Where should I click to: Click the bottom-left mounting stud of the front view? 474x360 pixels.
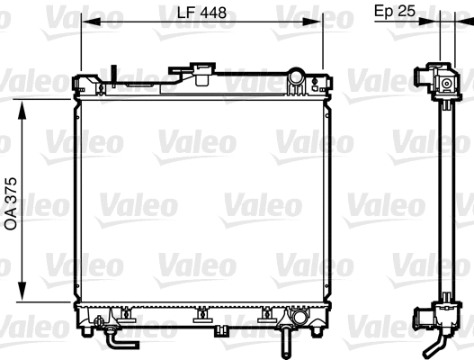click(x=85, y=329)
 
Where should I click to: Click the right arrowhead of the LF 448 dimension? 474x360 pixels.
click(x=318, y=22)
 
